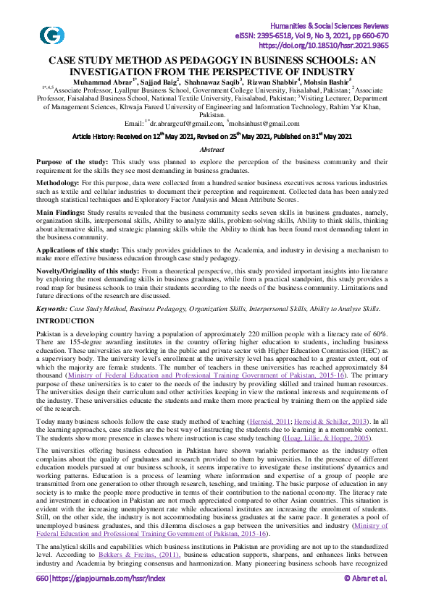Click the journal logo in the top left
click(52, 34)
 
